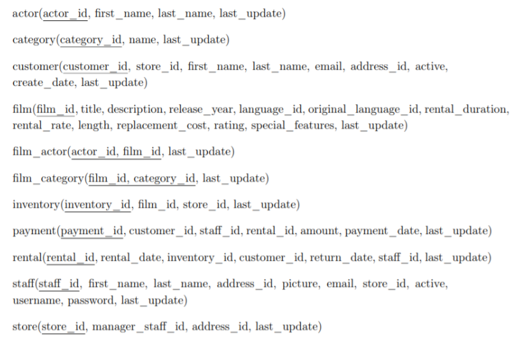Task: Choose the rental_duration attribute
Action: [x=467, y=109]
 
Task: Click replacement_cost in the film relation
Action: [x=154, y=125]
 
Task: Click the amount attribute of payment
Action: [x=319, y=231]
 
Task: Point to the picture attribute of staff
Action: [x=301, y=284]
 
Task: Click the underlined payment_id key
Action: [x=91, y=231]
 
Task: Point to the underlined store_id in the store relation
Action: [x=63, y=327]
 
